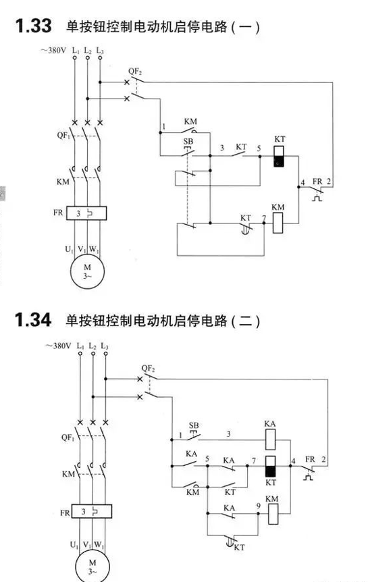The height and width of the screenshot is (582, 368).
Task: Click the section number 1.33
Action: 33,26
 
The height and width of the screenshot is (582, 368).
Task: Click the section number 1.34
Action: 33,319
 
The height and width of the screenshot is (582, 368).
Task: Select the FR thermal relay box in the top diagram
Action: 86,213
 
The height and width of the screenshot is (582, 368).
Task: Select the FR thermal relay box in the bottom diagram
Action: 92,512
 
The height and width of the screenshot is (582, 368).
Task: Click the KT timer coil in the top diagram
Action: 280,156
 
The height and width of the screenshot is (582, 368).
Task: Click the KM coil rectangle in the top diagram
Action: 278,223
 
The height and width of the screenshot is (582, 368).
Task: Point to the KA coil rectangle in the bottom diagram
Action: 270,440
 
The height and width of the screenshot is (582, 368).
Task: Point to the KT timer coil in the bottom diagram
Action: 270,466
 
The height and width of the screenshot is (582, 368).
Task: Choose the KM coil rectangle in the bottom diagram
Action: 273,514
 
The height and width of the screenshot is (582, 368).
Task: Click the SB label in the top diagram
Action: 188,141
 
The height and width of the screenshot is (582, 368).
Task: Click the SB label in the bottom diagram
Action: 194,425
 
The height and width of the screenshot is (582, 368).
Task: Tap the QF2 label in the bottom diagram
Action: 148,368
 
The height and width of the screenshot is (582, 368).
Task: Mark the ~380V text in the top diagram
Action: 53,50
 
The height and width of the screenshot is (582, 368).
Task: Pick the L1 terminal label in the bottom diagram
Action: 80,346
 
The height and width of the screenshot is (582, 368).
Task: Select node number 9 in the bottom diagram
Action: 259,506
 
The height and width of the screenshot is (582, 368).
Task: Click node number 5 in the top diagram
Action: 259,148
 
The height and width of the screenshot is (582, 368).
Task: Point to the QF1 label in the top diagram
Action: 63,135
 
